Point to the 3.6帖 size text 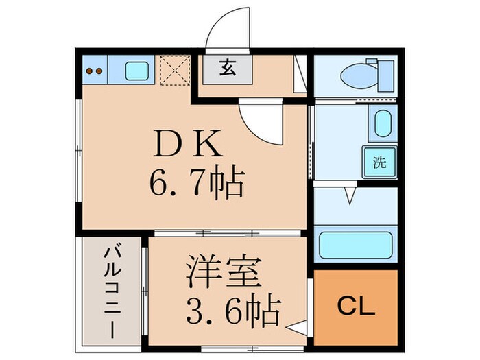pyautogui.click(x=233, y=311)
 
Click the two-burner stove pyautogui.click(x=97, y=70)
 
